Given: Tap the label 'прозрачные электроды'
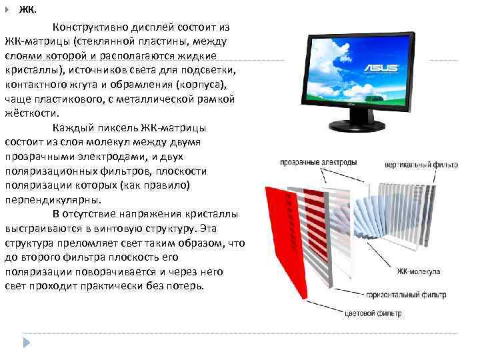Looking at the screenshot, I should click(318, 162).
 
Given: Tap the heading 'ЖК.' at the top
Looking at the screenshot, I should click(28, 10).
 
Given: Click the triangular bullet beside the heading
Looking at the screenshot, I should click(7, 10).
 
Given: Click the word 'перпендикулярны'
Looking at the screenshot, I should click(53, 199).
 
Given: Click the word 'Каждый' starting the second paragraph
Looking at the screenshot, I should click(71, 127).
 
